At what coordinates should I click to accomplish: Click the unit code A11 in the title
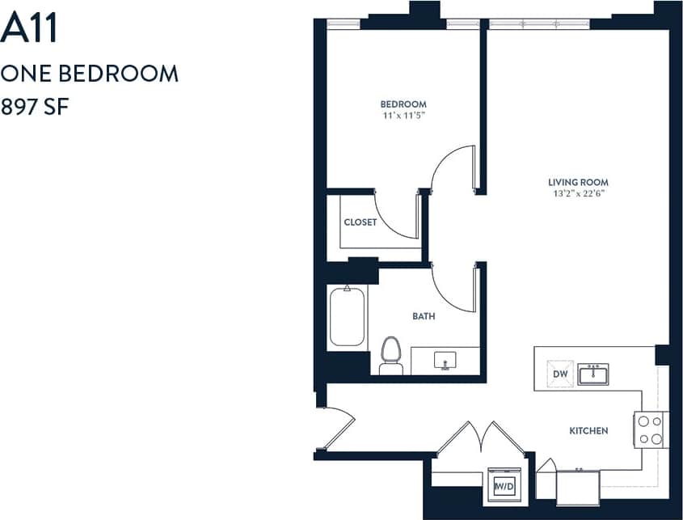point(28,29)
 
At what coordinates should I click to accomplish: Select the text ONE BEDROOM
point(89,74)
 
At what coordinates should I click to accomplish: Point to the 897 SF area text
point(33,107)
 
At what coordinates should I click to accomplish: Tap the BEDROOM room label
point(403,104)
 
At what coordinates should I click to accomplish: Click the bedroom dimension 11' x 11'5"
point(403,116)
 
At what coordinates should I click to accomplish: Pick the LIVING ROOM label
point(578,183)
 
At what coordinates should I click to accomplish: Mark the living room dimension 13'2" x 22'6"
point(578,194)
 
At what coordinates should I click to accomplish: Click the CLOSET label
point(360,222)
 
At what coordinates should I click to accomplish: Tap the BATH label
point(424,316)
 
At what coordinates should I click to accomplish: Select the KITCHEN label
point(588,431)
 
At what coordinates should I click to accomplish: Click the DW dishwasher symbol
point(560,374)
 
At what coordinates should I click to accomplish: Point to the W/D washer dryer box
point(504,486)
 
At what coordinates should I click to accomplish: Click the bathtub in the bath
point(347,316)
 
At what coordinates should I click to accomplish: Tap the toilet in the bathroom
point(391,356)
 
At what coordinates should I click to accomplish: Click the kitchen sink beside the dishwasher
point(592,374)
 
